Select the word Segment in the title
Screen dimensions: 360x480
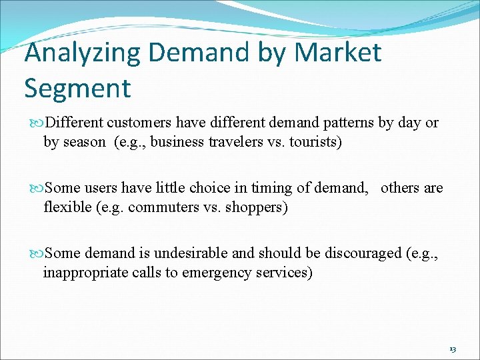click(x=77, y=87)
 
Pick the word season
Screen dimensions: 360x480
click(x=83, y=141)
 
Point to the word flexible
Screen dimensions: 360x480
click(x=65, y=207)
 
